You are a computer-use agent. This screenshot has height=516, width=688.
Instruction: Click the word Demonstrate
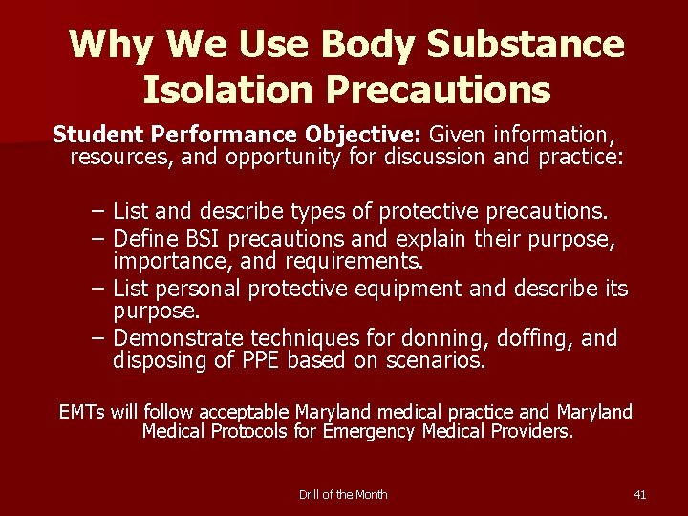[x=181, y=338]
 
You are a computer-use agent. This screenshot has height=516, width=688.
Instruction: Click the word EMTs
[x=82, y=412]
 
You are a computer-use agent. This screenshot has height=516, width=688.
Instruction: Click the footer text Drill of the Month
[x=343, y=494]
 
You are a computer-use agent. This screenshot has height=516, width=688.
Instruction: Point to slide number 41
[x=640, y=494]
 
